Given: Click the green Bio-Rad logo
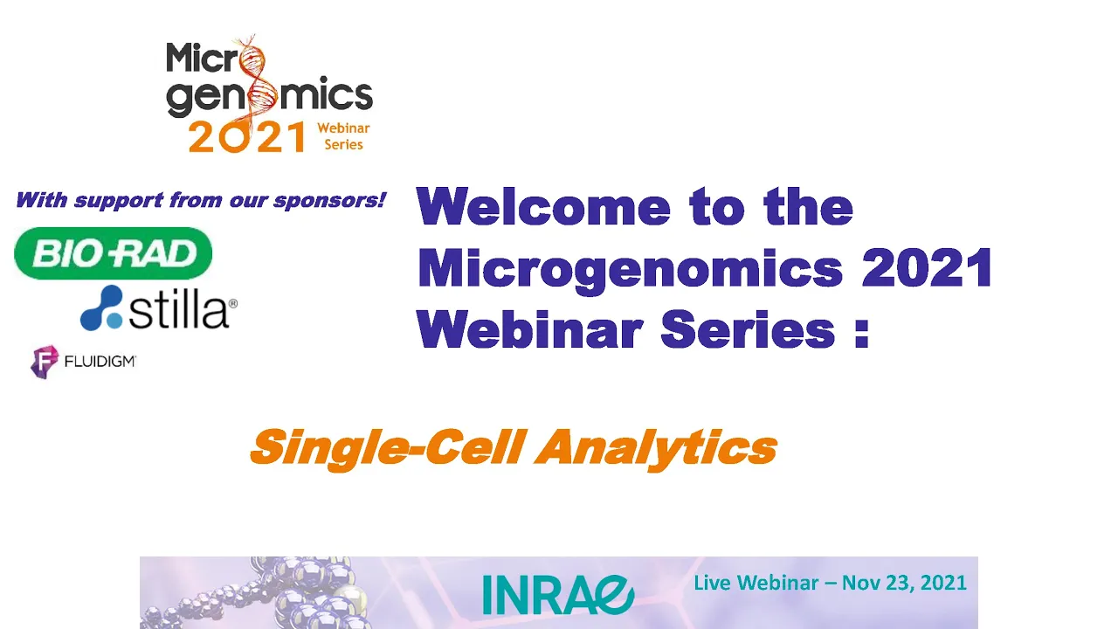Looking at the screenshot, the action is point(114,253).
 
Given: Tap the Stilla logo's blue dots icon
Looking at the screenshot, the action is point(101,308).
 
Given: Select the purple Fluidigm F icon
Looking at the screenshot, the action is point(45,362).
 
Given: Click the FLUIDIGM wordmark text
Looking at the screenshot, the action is point(100,361).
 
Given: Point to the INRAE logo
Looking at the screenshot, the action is point(558,595).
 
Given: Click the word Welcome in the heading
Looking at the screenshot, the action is point(544,207).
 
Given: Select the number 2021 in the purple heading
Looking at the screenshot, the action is point(927,267).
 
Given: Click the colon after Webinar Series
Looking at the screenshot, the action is point(862,330).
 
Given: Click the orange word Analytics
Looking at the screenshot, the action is point(656,448).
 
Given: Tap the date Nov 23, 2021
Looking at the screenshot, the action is point(904,583).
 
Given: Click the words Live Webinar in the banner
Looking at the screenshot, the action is point(756,583).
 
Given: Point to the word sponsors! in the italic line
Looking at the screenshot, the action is point(330,201).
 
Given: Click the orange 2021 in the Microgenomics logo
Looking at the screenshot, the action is point(247,136).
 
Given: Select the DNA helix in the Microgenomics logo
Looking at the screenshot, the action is point(258,79).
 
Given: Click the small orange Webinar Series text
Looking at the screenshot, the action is point(343,136).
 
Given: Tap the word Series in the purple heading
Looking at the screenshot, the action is point(748,330).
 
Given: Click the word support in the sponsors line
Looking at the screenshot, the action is point(118,202).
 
